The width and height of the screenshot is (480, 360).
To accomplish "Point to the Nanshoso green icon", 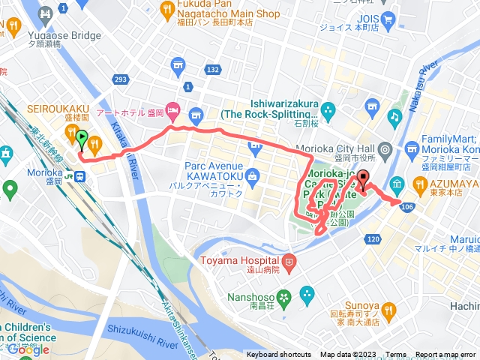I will pyautogui.click(x=283, y=297).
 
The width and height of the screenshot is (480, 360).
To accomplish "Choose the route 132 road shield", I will pyautogui.click(x=213, y=70).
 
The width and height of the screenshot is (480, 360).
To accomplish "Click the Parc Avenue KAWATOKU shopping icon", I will pyautogui.click(x=251, y=178).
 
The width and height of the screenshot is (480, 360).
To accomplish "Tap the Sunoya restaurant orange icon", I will pyautogui.click(x=388, y=308).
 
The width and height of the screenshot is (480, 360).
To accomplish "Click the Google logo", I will pyautogui.click(x=28, y=349).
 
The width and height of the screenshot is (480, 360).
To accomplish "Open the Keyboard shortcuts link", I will pyautogui.click(x=278, y=355).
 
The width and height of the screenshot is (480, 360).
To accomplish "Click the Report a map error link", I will pyautogui.click(x=445, y=355).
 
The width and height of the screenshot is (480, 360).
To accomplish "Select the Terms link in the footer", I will pyautogui.click(x=395, y=355).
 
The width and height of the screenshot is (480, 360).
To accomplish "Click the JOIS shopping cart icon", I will pyautogui.click(x=388, y=18).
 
